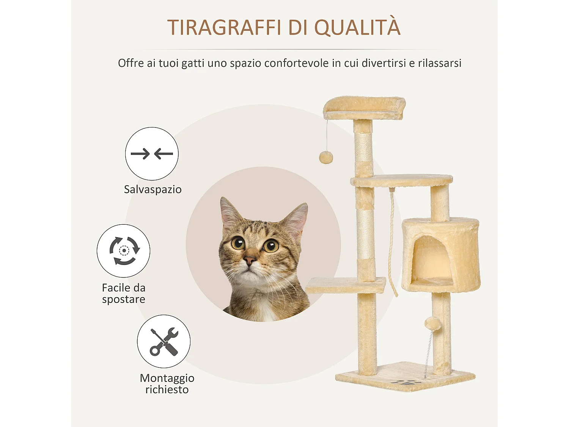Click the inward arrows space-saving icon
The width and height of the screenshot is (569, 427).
(152, 154)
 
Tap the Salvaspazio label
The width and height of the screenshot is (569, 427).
(152, 189)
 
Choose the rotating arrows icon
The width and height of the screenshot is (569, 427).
(124, 251)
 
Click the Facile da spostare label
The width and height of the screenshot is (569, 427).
(124, 293)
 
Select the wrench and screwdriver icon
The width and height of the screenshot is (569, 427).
(164, 341)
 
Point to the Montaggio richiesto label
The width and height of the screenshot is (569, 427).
(167, 384)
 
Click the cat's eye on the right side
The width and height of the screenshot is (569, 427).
(271, 246)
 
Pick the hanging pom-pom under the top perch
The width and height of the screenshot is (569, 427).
(326, 157)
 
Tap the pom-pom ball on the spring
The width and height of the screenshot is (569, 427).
(432, 324)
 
